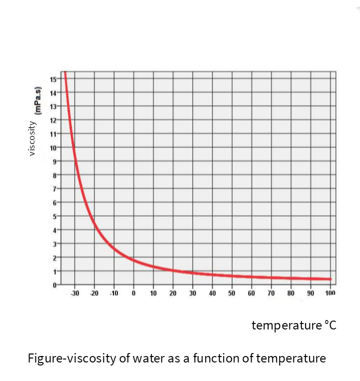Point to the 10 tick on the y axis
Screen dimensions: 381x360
(52, 147)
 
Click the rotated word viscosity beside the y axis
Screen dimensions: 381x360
(32, 137)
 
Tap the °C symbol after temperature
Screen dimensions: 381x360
(330, 326)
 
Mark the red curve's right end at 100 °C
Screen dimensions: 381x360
(330, 279)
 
